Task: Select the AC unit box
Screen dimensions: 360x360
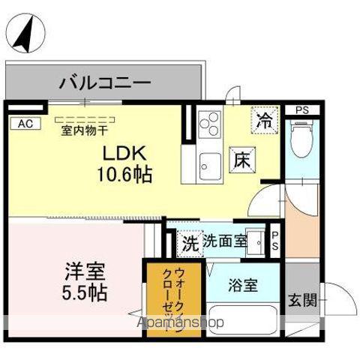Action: pos(24,124)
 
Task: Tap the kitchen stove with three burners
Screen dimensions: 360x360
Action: pos(209,122)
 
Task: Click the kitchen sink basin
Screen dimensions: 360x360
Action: pos(209,160)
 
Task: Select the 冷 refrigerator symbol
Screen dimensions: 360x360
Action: pos(265,118)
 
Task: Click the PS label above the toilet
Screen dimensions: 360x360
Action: pos(301,110)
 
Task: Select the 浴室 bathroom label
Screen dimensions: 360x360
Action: pos(243,285)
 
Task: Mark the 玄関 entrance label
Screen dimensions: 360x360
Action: pos(302,301)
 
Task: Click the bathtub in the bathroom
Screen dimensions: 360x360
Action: pos(241,319)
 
